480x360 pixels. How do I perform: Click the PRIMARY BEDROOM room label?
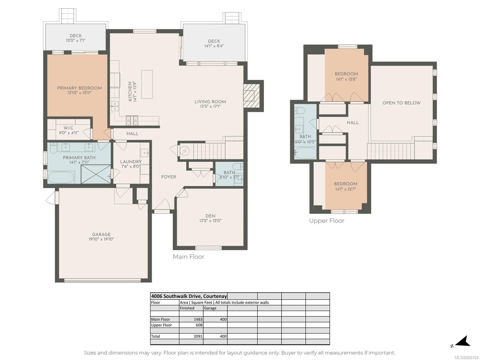coord(79,88)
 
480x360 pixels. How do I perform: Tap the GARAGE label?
coord(101,234)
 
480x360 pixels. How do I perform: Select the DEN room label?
coord(210,216)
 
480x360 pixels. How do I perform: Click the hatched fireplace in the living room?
coord(251,96)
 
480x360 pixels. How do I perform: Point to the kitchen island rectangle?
coord(147,84)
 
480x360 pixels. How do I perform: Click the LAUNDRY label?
coord(131,162)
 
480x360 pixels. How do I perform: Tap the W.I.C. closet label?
coord(69,128)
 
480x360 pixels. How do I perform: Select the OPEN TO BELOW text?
coord(401,103)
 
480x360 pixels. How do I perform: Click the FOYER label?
coord(169,177)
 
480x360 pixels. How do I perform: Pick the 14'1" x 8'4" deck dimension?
coord(214,46)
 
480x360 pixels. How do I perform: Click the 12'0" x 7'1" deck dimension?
coord(76,40)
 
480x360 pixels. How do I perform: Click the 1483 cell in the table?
coord(198,319)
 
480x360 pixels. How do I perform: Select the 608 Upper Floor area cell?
coord(199,325)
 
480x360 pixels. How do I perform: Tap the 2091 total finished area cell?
coord(198,336)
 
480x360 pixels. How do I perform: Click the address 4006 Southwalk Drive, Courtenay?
coord(189,296)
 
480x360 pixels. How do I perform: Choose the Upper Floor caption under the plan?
coord(327,221)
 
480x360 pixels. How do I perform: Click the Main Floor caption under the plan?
coord(188,256)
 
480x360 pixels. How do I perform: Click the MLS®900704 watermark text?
coord(467,358)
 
